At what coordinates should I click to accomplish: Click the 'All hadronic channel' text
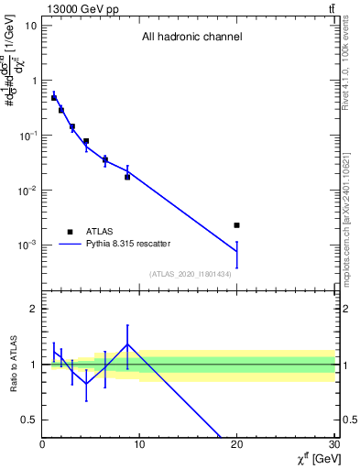pyautogui.click(x=191, y=38)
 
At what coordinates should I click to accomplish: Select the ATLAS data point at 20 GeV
pyautogui.click(x=236, y=225)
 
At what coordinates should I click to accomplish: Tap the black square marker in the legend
pyautogui.click(x=70, y=232)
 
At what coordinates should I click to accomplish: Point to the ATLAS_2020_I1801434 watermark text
pyautogui.click(x=191, y=275)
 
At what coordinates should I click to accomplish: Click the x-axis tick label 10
pyautogui.click(x=140, y=446)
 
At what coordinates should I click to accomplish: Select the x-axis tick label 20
pyautogui.click(x=237, y=446)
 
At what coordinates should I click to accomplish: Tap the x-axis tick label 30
pyautogui.click(x=334, y=446)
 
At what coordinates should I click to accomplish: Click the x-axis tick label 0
pyautogui.click(x=42, y=446)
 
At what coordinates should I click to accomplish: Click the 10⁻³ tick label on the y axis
pyautogui.click(x=27, y=245)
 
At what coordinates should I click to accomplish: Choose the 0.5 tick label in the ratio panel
pyautogui.click(x=29, y=420)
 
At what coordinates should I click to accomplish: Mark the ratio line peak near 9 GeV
pyautogui.click(x=127, y=344)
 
